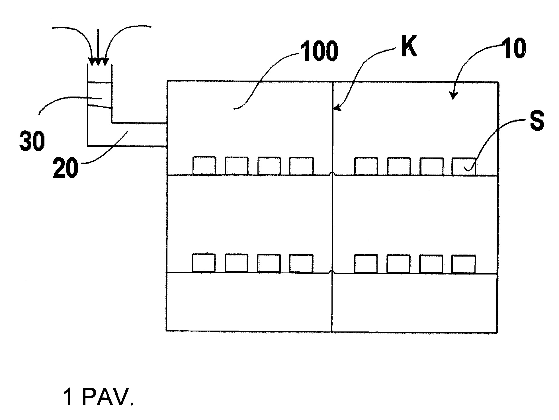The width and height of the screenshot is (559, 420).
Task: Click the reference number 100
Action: tap(321, 51)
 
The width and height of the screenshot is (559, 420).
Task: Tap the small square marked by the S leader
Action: tap(464, 167)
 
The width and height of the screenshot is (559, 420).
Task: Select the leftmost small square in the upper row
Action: tap(204, 165)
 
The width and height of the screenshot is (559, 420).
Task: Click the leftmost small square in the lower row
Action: tap(204, 263)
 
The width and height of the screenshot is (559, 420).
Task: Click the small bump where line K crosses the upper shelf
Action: tap(332, 174)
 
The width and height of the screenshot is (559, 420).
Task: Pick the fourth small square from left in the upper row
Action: tap(301, 166)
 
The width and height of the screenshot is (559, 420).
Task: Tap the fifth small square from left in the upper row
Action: tap(366, 166)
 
